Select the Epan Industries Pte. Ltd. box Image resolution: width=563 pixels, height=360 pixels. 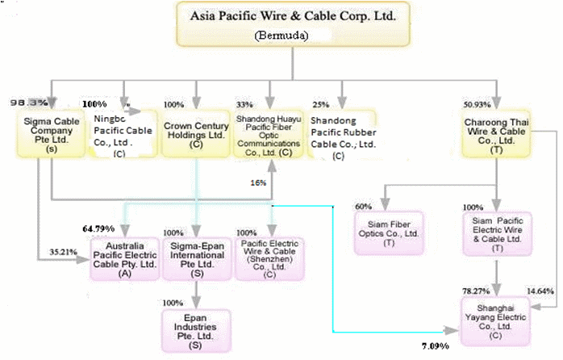point(196,328)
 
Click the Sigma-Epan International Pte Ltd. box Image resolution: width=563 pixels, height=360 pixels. point(196,257)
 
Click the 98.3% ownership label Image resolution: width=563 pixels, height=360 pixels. point(26,103)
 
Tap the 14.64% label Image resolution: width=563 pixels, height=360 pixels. point(540,290)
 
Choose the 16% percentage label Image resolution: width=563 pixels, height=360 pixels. point(257,182)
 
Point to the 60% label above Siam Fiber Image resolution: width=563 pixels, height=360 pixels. point(364,207)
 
